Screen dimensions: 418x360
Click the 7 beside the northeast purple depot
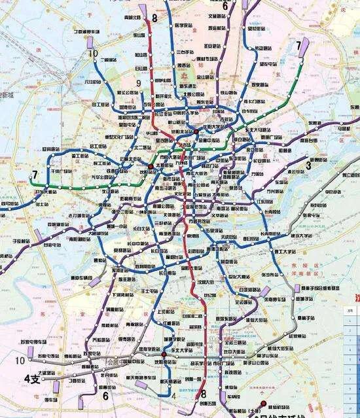pyautogui.click(x=298, y=45)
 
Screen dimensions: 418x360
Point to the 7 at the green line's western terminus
pyautogui.click(x=33, y=175)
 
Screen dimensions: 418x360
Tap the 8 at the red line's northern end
pyautogui.click(x=154, y=18)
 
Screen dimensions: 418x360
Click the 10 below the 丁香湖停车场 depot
pyautogui.click(x=94, y=54)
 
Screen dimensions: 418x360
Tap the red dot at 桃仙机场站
pyautogui.click(x=264, y=403)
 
